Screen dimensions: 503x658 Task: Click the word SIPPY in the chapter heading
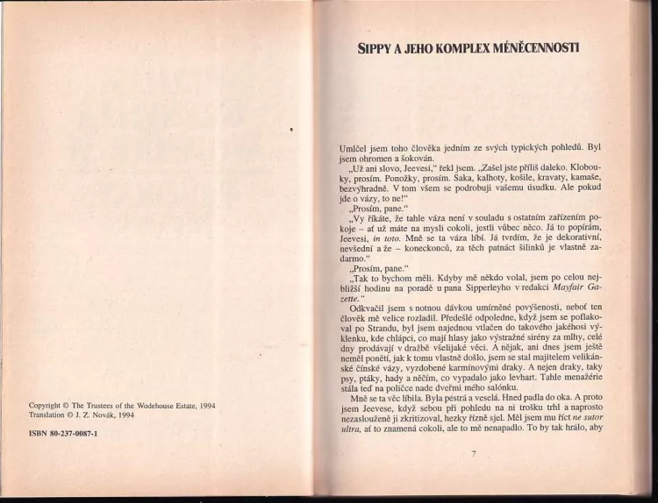point(373,49)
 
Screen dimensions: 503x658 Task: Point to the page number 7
point(472,453)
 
